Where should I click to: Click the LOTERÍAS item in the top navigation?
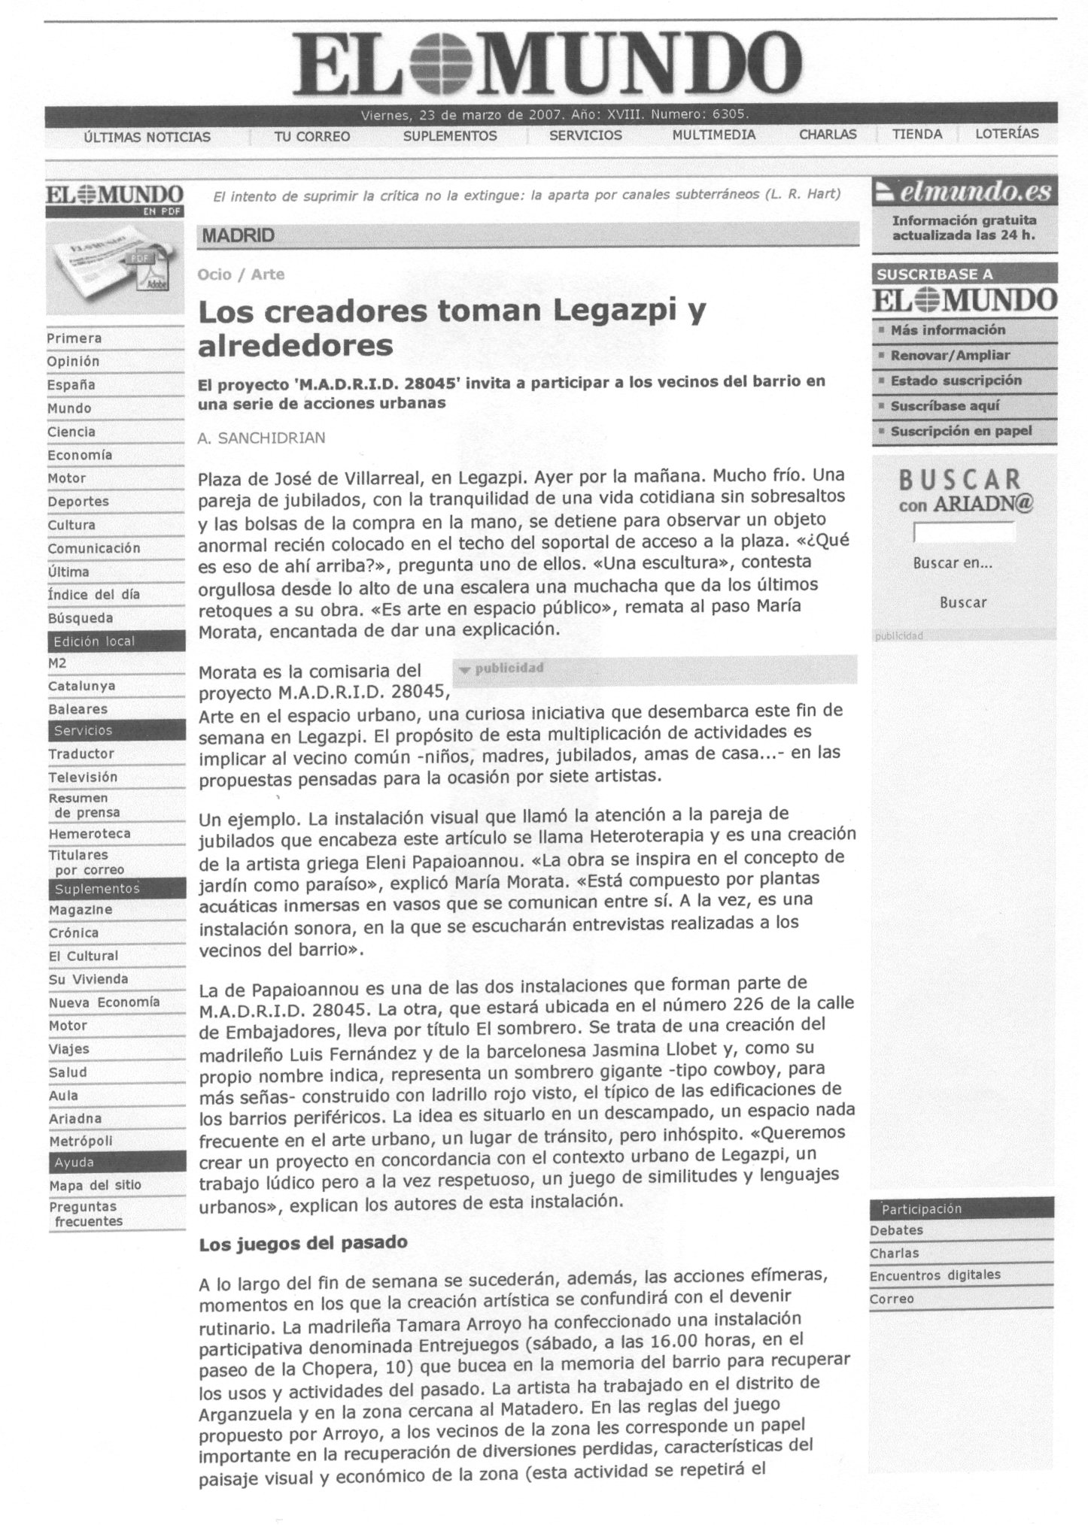pos(1006,135)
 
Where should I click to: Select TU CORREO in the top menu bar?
pos(312,136)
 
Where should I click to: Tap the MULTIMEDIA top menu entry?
pos(713,135)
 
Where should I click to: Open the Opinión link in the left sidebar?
pos(73,362)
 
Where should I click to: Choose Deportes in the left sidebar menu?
pos(78,502)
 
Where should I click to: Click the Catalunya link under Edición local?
pos(81,687)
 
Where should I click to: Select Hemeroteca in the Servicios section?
pos(90,834)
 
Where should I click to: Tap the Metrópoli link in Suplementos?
pos(81,1141)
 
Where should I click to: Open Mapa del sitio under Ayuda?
pos(95,1185)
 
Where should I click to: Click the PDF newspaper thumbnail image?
pos(114,268)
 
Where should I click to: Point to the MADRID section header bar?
pos(527,235)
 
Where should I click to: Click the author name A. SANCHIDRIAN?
pos(261,438)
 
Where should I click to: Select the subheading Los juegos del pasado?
pos(302,1243)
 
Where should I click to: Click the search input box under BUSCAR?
pos(964,532)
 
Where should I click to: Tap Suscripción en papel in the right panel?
pos(961,432)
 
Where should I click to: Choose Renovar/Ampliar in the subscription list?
pos(950,356)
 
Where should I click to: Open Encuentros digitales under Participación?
pos(935,1275)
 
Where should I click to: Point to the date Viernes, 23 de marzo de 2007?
pos(463,115)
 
